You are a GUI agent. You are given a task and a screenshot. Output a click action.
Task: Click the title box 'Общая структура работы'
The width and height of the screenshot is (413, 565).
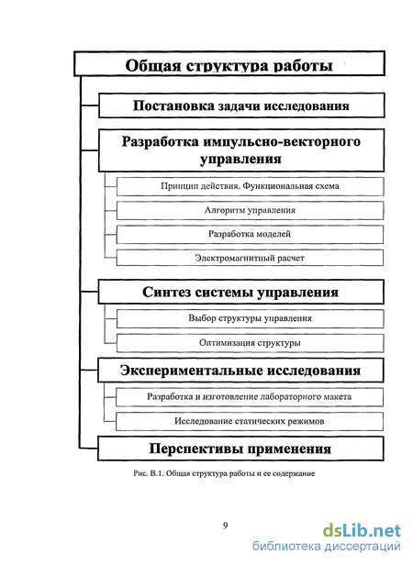click(x=229, y=64)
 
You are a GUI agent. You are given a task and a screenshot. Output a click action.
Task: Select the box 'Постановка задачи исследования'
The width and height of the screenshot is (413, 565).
click(x=241, y=105)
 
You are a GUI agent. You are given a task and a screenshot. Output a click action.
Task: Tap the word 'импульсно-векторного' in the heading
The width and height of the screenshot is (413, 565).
click(x=282, y=141)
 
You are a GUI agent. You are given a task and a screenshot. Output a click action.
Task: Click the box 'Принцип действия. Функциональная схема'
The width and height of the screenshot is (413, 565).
click(x=250, y=186)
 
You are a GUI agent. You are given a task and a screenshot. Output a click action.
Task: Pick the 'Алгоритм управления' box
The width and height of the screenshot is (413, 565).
click(x=250, y=210)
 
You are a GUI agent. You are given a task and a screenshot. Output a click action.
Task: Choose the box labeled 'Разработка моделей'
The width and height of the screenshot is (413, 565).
click(x=250, y=234)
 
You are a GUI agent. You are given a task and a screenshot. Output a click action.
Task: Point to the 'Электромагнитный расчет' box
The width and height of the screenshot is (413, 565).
click(x=250, y=258)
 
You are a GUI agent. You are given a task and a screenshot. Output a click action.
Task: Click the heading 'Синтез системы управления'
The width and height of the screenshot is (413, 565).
click(x=241, y=292)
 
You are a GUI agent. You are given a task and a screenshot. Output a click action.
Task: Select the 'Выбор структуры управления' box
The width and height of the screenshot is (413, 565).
click(x=250, y=318)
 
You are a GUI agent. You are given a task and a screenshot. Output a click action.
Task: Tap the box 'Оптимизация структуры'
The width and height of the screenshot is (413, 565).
click(x=250, y=343)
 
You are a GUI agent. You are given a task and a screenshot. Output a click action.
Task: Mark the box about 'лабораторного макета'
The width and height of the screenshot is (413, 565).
click(x=250, y=397)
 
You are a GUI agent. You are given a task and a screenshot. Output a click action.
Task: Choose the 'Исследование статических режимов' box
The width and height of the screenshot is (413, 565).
click(x=250, y=421)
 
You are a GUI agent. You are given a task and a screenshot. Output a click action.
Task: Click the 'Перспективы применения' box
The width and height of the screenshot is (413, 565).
click(x=240, y=449)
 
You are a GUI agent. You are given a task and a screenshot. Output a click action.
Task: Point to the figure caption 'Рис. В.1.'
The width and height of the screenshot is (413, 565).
click(x=149, y=473)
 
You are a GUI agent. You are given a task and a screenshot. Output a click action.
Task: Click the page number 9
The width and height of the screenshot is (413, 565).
click(x=226, y=526)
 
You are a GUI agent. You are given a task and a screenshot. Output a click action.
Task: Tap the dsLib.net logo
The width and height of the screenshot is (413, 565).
click(x=362, y=531)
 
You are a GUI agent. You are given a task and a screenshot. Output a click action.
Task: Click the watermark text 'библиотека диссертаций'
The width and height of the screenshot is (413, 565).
click(x=327, y=547)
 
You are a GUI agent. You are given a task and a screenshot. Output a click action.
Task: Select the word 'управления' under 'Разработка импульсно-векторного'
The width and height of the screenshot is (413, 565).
click(x=241, y=159)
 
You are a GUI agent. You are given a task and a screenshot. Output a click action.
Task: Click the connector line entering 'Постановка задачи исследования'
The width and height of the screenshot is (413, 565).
click(x=89, y=105)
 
